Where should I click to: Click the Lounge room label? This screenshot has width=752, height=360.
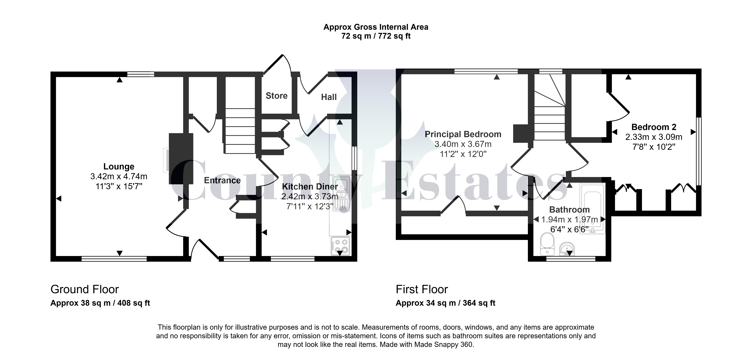119,167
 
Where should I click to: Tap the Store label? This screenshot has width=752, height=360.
277,96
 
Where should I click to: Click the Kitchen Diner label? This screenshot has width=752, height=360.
310,186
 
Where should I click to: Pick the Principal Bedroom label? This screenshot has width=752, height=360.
463,134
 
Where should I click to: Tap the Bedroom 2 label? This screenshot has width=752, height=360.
654,127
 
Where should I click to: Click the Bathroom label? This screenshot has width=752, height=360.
569,210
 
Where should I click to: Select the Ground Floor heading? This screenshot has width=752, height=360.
85,289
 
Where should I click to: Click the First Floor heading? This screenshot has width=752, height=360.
422,289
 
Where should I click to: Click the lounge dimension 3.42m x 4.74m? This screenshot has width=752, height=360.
119,176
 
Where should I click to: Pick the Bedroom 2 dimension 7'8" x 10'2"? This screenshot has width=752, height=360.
654,147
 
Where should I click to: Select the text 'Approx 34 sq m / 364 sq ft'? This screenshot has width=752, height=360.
446,303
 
